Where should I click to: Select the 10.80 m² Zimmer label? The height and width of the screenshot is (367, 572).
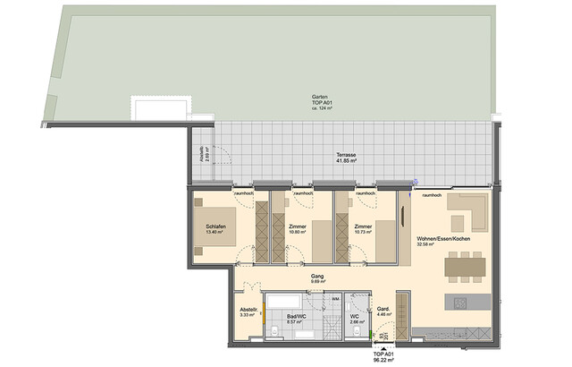[x=298, y=230]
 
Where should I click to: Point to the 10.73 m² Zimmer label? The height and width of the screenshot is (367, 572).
[x=362, y=230]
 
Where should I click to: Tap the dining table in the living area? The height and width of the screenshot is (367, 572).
[x=464, y=264]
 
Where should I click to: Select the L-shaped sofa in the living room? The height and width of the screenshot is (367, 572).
[x=466, y=214]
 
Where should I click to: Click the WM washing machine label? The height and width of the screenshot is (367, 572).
[x=335, y=298]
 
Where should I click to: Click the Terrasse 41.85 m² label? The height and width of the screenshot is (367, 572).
[x=346, y=158]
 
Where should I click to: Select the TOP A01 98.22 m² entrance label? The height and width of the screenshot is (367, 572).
[x=384, y=357]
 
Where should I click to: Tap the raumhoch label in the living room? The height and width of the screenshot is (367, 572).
[x=433, y=193]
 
